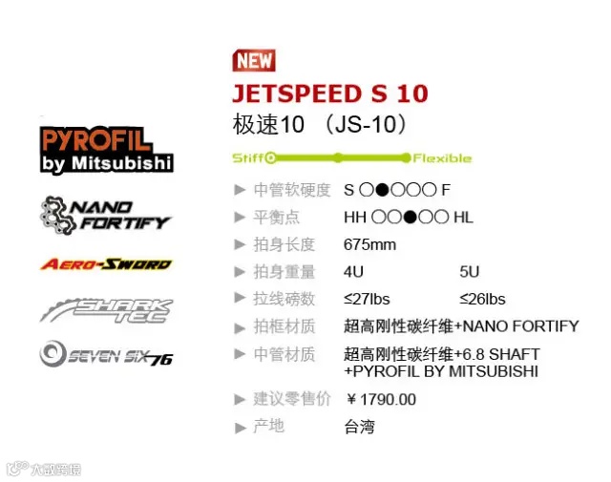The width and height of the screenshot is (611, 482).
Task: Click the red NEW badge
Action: pos(254,60)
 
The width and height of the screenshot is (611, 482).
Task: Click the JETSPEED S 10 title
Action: pos(329,94)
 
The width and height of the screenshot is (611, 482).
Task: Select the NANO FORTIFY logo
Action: pos(105,214)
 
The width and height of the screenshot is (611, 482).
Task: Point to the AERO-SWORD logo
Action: pos(105,264)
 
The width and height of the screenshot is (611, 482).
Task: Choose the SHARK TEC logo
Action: pos(105,310)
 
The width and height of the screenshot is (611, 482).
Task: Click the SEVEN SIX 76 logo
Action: pos(105,355)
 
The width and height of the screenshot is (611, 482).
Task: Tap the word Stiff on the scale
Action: pos(248,157)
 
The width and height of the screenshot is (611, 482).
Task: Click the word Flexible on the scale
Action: pos(442,157)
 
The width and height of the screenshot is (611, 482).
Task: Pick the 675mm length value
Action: pos(369,244)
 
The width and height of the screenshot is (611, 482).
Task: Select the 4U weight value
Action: pos(354,272)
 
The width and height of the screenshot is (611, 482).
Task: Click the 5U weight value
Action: pos(470,272)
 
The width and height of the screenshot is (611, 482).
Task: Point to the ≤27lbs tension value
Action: pos(368,299)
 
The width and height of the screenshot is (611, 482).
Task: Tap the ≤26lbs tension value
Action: pos(483,299)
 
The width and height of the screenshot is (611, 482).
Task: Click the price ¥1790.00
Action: pos(381,399)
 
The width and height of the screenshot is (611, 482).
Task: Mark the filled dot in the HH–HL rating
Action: pos(410,217)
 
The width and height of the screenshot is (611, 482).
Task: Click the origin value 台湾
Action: pos(359,426)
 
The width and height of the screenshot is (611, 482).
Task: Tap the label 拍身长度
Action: pos(284,244)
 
